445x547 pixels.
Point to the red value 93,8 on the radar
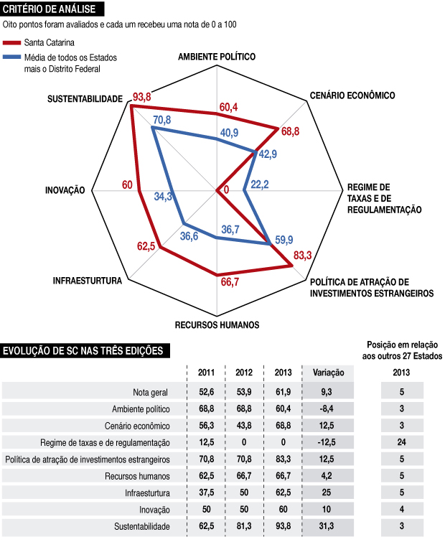tap(141, 97)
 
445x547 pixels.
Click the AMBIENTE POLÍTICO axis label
tap(217, 57)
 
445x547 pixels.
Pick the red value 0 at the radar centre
tap(227, 190)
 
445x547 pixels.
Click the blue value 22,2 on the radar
tap(259, 184)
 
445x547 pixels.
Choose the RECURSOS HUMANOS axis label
tap(217, 324)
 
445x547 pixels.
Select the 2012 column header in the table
tap(245, 372)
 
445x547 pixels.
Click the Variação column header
tap(329, 372)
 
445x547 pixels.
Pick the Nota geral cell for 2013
tap(284, 391)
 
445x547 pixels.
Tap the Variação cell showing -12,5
tap(329, 442)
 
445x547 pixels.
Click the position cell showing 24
tap(402, 442)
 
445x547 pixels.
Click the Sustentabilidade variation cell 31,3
tap(329, 527)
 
